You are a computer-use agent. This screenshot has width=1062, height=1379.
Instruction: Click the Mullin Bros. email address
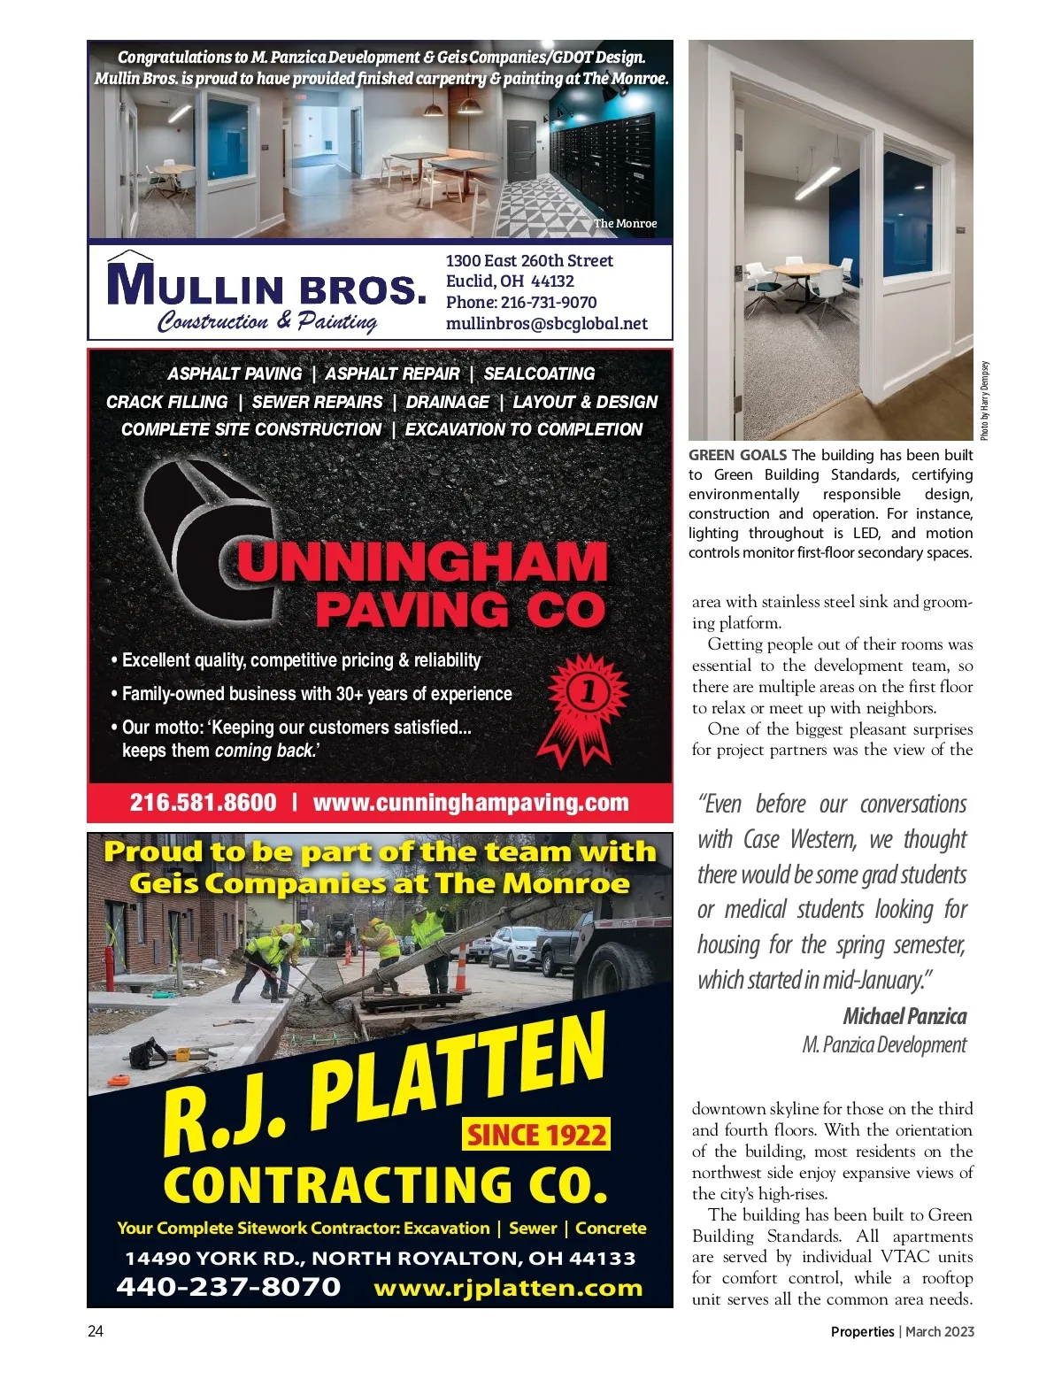click(x=546, y=324)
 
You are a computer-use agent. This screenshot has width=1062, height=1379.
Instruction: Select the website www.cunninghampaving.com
click(x=471, y=803)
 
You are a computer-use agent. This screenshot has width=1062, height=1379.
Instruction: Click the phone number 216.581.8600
click(x=203, y=803)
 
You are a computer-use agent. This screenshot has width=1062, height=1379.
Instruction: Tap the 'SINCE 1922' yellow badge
click(x=536, y=1135)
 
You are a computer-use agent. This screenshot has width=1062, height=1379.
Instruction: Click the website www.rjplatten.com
click(x=508, y=1288)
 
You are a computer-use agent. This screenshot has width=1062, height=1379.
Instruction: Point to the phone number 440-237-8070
click(x=228, y=1287)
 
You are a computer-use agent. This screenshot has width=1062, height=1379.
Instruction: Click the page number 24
click(x=96, y=1331)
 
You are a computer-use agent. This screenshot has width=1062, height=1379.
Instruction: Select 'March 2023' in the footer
click(x=940, y=1331)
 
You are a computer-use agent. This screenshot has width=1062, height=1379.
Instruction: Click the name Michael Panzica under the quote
click(x=904, y=1016)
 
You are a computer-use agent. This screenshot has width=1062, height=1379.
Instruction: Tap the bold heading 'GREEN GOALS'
click(x=737, y=455)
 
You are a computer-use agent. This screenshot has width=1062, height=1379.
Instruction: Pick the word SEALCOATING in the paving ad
click(x=539, y=374)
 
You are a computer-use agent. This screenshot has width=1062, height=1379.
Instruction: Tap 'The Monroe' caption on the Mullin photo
click(x=625, y=224)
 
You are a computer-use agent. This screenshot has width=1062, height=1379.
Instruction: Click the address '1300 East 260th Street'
click(x=529, y=261)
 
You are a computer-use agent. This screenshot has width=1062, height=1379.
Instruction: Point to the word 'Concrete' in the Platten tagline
click(x=611, y=1229)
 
